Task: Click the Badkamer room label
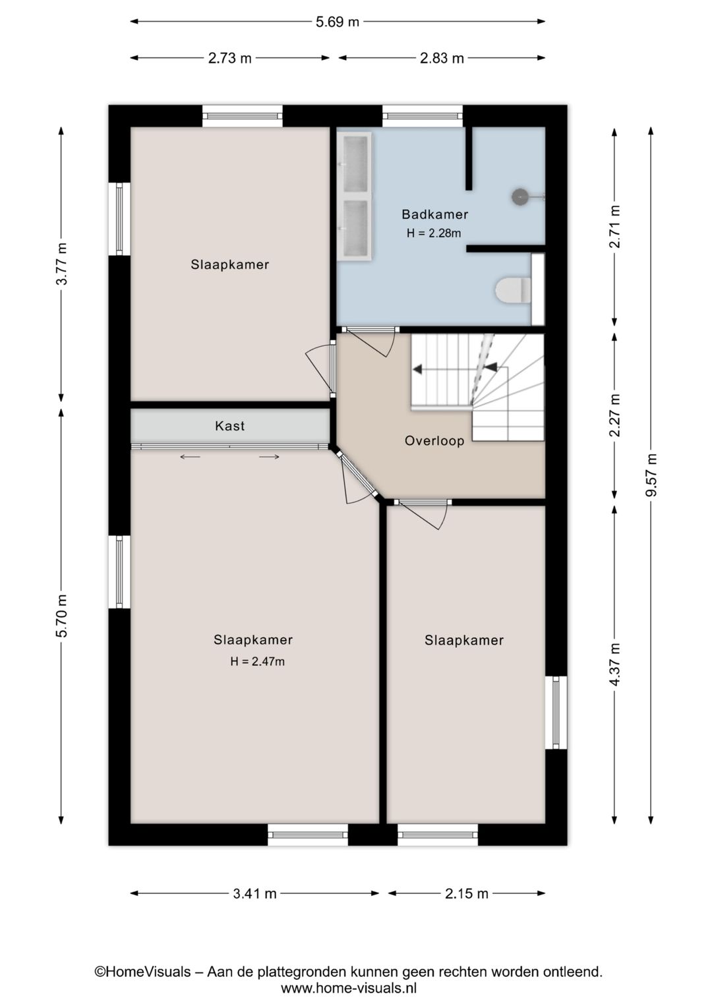[434, 214]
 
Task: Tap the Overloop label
[434, 441]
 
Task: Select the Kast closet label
[229, 426]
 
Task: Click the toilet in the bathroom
[514, 290]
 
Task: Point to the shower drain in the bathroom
[521, 196]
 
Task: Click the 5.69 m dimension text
[337, 22]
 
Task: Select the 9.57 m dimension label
[651, 475]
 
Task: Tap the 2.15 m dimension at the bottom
[466, 894]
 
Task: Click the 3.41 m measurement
[254, 894]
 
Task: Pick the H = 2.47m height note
[257, 662]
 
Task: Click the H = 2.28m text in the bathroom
[433, 233]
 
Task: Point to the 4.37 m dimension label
[614, 664]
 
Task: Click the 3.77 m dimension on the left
[61, 264]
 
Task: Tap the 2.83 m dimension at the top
[442, 58]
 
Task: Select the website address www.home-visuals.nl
[348, 988]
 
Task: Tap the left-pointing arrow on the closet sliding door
[190, 457]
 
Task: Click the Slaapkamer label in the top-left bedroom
[229, 264]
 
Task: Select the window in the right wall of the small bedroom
[556, 713]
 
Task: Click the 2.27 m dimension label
[614, 415]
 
